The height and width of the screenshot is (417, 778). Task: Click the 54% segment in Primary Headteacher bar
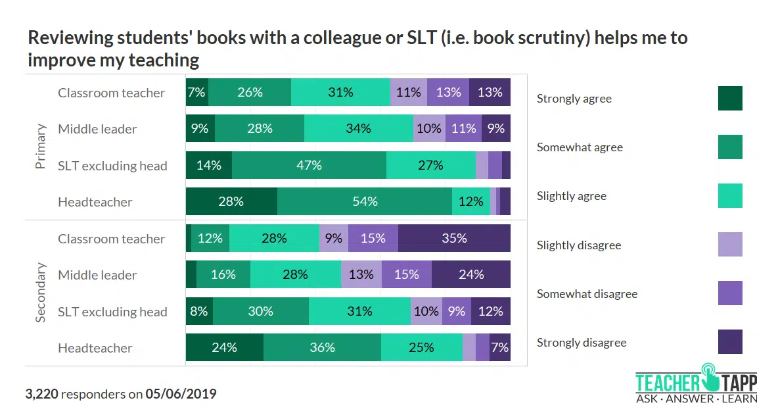[x=364, y=202]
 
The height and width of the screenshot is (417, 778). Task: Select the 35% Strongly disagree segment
[x=454, y=238]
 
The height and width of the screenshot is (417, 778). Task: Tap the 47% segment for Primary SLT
[x=309, y=165]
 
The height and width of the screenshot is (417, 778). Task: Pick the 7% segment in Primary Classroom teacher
[x=197, y=93]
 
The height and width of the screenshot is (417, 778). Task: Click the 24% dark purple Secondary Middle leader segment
[x=471, y=274]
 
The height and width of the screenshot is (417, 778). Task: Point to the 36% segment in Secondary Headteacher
[x=322, y=347]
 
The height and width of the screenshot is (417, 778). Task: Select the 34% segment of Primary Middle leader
[x=358, y=129]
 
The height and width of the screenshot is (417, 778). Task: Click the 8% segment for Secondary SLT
[x=199, y=311]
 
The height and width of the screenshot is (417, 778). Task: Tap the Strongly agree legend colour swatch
[x=730, y=99]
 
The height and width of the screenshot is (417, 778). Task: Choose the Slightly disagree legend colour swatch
[x=730, y=245]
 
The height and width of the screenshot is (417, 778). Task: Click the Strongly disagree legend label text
[x=581, y=343]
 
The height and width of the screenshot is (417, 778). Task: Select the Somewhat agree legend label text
[x=579, y=147]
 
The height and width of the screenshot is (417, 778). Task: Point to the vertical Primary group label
[x=41, y=147]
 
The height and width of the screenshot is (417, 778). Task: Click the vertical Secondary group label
[x=41, y=293]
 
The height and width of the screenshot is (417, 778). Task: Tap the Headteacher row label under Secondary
[x=95, y=348]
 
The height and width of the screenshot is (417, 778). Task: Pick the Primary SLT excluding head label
[x=112, y=166]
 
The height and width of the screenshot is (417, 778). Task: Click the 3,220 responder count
[x=42, y=395]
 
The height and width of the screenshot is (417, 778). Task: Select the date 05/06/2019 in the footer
[x=181, y=395]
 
